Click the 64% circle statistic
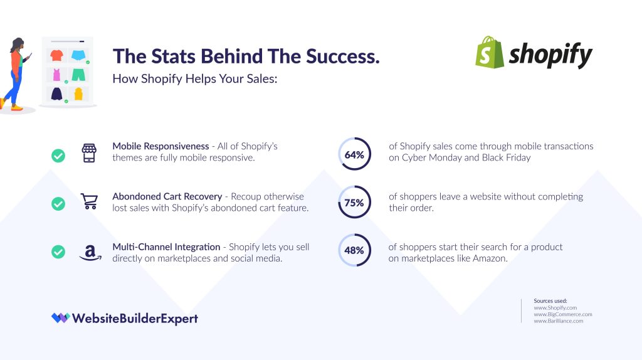[354, 154]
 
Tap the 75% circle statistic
[354, 202]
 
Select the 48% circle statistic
[354, 250]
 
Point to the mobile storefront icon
[90, 152]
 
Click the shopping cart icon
[90, 202]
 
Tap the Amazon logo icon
[90, 251]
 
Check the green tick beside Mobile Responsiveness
[58, 156]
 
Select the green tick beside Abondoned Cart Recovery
[58, 204]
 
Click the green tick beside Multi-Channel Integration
[58, 251]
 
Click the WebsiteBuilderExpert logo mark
[60, 318]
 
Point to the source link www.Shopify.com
[555, 308]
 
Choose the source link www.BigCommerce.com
[562, 314]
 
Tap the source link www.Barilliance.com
[558, 321]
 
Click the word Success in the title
[342, 56]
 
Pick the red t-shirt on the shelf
[56, 55]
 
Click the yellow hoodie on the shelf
[78, 94]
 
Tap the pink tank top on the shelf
[56, 75]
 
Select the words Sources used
[550, 301]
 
